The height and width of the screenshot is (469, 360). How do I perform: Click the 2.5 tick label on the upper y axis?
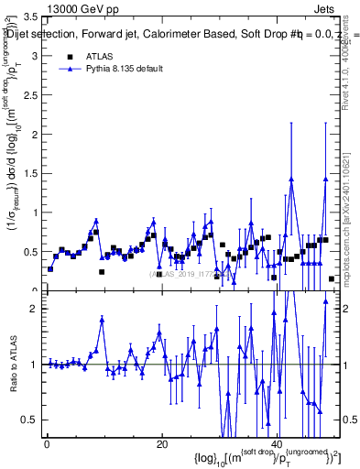(x=30, y=95)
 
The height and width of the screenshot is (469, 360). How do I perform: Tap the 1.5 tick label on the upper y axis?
(x=30, y=174)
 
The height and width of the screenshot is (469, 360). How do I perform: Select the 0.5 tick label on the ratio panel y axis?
(x=30, y=420)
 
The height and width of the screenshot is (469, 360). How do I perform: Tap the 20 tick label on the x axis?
(x=161, y=444)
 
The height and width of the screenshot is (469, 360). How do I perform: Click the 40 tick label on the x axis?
(x=277, y=444)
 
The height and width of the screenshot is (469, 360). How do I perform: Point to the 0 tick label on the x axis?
(x=47, y=444)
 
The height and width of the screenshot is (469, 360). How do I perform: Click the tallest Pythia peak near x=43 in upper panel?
(x=291, y=179)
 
